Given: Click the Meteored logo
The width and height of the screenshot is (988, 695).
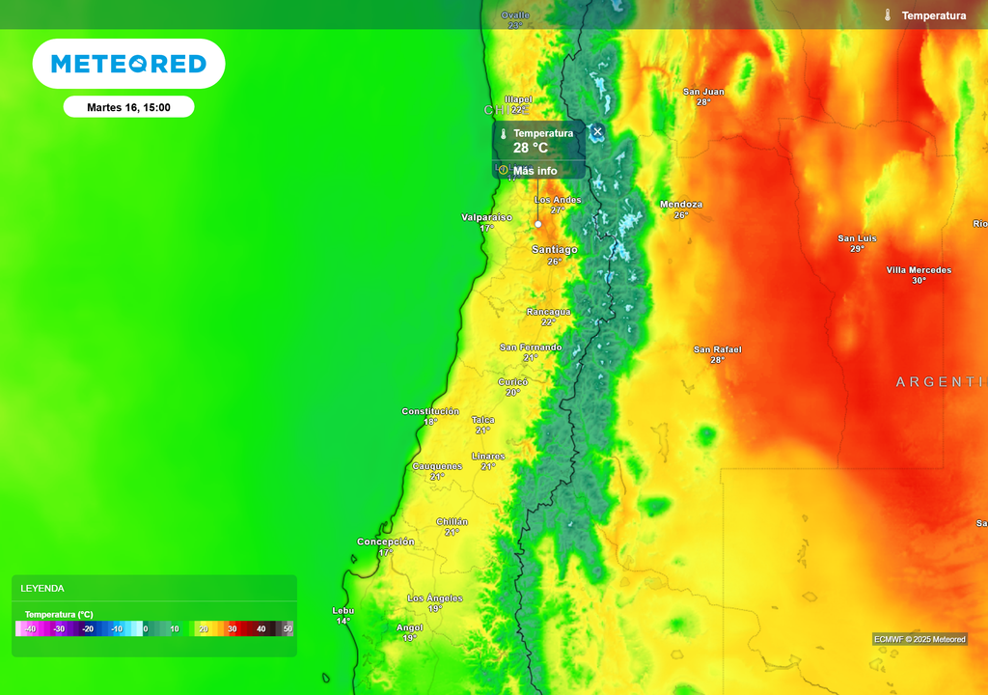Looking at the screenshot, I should click(128, 64).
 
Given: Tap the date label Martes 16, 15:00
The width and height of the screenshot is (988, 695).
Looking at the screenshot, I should click(128, 107).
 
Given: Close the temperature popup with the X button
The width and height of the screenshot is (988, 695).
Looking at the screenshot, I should click(597, 131).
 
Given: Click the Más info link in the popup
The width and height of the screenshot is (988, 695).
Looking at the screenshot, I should click(535, 171).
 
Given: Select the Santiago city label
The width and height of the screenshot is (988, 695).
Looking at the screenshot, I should click(555, 249).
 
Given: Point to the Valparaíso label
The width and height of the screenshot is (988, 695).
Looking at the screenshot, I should click(487, 217).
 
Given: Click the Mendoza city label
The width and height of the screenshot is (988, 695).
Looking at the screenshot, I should click(681, 205).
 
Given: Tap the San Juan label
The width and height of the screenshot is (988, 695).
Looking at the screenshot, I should click(703, 92).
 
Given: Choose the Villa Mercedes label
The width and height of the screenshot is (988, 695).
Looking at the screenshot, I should click(919, 270).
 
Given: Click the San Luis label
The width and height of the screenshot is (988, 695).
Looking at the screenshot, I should click(857, 238).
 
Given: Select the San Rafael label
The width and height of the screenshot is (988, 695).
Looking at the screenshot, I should click(718, 349).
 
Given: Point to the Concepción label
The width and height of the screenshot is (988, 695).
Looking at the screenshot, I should click(386, 542).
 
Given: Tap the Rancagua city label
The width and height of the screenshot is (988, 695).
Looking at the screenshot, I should click(549, 312).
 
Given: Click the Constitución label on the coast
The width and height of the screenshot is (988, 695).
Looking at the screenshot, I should click(430, 411).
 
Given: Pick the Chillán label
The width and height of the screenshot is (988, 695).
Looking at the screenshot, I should click(452, 521).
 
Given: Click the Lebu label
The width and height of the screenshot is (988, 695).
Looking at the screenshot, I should click(343, 610).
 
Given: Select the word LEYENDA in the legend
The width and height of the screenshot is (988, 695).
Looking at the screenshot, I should click(42, 588).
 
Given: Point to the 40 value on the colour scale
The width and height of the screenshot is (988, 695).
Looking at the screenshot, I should click(261, 628).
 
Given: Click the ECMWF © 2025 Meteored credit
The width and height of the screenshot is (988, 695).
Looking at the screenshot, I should click(919, 639).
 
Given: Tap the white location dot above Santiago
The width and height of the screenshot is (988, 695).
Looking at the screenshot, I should click(538, 224).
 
